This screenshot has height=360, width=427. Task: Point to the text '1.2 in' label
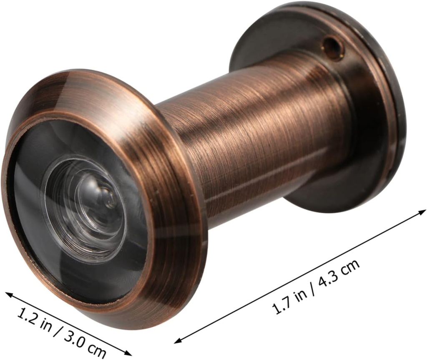pos(36,319)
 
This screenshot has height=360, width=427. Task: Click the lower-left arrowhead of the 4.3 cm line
pos(177,341)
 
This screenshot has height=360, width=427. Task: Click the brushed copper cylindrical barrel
pos(259,125)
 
